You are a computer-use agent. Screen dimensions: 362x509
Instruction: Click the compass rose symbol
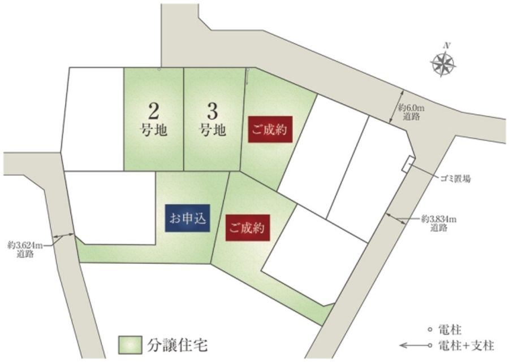click(x=444, y=63)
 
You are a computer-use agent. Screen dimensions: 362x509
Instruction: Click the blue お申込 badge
click(x=188, y=219)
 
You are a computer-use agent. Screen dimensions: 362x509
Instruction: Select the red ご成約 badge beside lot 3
click(x=269, y=129)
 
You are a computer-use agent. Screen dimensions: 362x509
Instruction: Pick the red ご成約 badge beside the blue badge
click(x=247, y=228)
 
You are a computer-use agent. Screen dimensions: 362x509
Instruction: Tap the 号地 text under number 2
click(x=153, y=130)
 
